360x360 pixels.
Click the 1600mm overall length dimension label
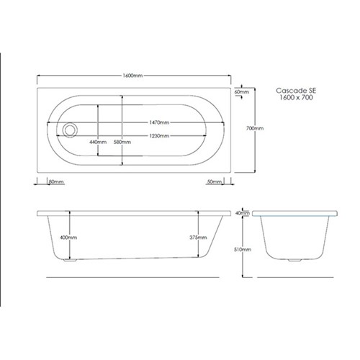[132, 76]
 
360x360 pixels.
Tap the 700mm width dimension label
[255, 128]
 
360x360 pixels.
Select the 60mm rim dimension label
[242, 92]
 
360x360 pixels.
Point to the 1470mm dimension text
[159, 122]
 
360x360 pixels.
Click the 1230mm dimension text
[159, 136]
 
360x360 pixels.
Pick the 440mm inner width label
[98, 142]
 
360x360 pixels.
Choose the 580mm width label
[122, 142]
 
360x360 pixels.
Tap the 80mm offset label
[56, 181]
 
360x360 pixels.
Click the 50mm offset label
[215, 181]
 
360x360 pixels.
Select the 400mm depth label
[68, 238]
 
